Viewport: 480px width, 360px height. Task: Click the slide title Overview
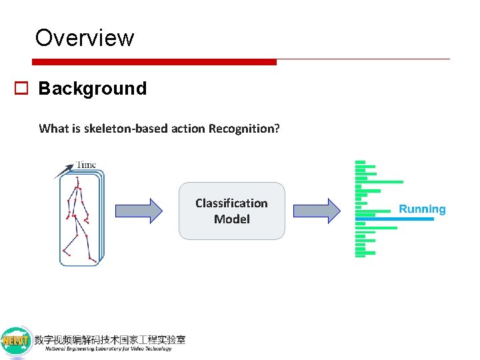click(x=85, y=37)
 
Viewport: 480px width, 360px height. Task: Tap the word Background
click(x=92, y=89)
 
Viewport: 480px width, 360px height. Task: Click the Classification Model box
click(x=231, y=211)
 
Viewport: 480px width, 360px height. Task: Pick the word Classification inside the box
click(x=231, y=203)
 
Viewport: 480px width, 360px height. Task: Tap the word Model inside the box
click(x=231, y=219)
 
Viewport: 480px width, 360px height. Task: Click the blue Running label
click(x=422, y=209)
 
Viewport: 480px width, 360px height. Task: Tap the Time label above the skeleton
click(x=85, y=165)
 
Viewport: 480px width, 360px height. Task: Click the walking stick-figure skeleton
click(x=77, y=217)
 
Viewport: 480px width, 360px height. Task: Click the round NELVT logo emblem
click(x=17, y=342)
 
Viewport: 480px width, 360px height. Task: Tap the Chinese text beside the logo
click(x=110, y=339)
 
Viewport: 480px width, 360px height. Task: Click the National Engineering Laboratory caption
click(x=108, y=349)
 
